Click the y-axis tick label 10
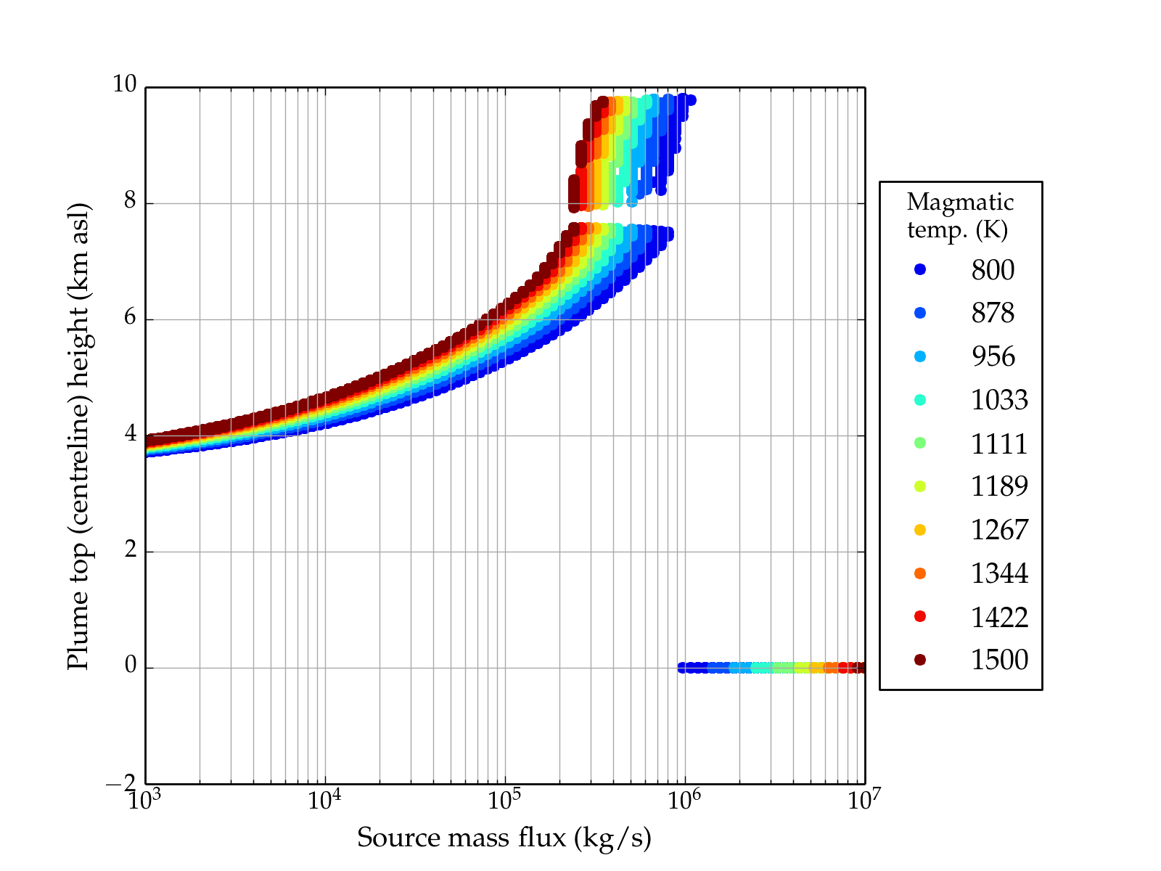(124, 85)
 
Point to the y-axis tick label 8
(130, 201)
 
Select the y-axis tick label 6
(130, 318)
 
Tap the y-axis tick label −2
(120, 784)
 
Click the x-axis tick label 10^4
(324, 800)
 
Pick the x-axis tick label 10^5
(504, 800)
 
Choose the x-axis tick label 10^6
(684, 800)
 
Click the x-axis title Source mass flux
(504, 838)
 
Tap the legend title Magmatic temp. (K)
(960, 216)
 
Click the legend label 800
(993, 270)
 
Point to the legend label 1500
(999, 660)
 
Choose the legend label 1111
(999, 443)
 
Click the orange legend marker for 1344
(920, 573)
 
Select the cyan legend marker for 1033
(920, 400)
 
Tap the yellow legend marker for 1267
(920, 530)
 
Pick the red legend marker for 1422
(920, 616)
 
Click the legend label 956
(993, 356)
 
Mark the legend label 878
(993, 314)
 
